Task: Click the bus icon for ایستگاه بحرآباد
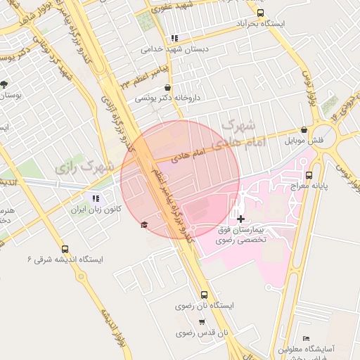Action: point(261,13)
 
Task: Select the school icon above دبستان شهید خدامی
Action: point(174,39)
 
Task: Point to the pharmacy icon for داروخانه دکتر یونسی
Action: point(167,88)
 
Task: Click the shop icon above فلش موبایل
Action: point(303,130)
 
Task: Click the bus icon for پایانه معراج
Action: point(309,175)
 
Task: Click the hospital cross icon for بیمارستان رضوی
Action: point(241,219)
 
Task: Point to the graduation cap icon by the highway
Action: point(144,224)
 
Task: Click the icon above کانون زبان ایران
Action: point(96,198)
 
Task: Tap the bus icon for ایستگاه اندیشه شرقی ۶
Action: point(65,249)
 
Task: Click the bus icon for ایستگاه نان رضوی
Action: point(204,295)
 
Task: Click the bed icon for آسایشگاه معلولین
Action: point(305,338)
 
